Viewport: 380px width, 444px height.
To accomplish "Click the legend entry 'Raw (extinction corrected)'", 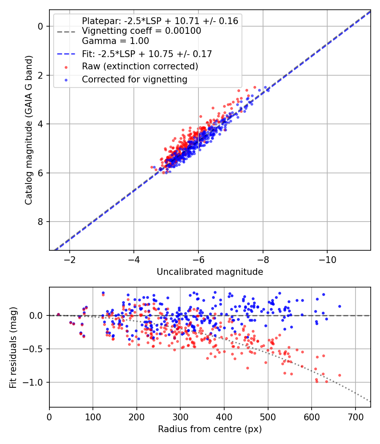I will point(140,66).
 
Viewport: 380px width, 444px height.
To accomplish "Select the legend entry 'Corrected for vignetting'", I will point(135,79).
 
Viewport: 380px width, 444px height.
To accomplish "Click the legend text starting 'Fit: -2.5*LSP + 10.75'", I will point(147,54).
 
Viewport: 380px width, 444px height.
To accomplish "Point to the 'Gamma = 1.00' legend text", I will point(115,41).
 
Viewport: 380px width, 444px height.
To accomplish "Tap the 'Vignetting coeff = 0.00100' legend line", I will point(141,31).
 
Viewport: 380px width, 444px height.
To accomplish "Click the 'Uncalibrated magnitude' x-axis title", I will point(210,272).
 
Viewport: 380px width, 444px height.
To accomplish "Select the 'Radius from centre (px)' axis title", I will point(210,429).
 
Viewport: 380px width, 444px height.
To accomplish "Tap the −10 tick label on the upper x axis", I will point(327,259).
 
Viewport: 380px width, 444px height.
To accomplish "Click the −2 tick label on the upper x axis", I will point(70,259).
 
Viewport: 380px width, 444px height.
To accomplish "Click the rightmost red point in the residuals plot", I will point(339,375).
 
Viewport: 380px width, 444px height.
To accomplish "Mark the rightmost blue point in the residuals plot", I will point(339,306).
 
